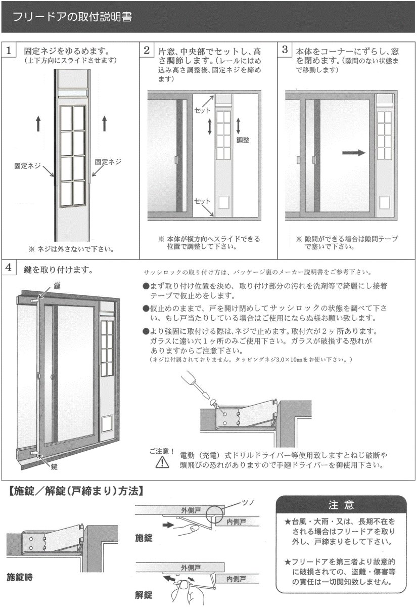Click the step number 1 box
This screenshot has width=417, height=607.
click(9, 51)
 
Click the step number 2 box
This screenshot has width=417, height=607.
click(147, 51)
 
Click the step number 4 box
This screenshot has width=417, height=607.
click(9, 268)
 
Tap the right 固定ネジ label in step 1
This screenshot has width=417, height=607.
click(108, 162)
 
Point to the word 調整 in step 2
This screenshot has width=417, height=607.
click(243, 140)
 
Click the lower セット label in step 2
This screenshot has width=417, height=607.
click(202, 201)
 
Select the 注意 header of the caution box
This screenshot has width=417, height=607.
click(341, 505)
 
